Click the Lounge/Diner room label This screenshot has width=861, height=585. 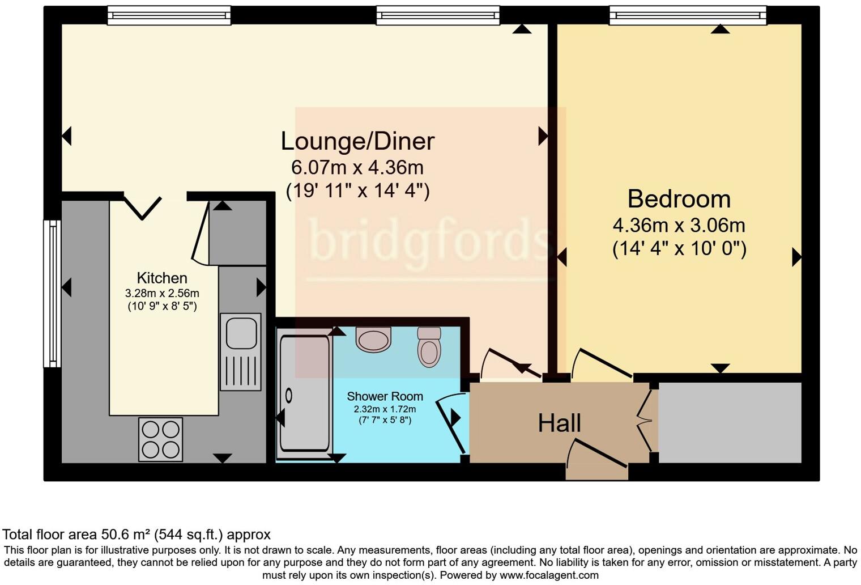357,141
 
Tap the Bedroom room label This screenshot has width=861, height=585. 679,199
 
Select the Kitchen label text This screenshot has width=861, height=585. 162,278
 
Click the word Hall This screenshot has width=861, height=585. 559,423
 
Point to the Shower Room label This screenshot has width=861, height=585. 385,396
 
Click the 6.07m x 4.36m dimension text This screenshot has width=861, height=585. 357,168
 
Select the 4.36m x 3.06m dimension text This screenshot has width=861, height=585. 679,226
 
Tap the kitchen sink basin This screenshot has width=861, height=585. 241,333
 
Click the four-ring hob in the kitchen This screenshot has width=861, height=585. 161,439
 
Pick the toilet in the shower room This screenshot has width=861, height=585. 429,347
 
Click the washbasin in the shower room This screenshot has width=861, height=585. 373,339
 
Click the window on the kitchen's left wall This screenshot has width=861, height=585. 52,293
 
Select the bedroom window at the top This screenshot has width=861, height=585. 688,15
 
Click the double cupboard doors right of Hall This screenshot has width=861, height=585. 646,420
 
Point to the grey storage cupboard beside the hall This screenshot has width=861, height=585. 730,422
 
